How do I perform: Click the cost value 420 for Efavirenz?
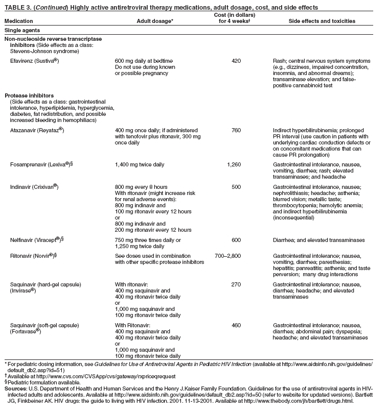236,61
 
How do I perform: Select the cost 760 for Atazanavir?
236,131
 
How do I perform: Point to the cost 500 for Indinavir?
236,187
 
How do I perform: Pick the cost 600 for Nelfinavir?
236,240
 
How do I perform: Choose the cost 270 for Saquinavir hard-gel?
236,284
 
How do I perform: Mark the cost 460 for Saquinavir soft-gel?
236,325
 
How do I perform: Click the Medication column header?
18,21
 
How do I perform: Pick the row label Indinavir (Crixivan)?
34,187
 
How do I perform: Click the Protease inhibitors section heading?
27,95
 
